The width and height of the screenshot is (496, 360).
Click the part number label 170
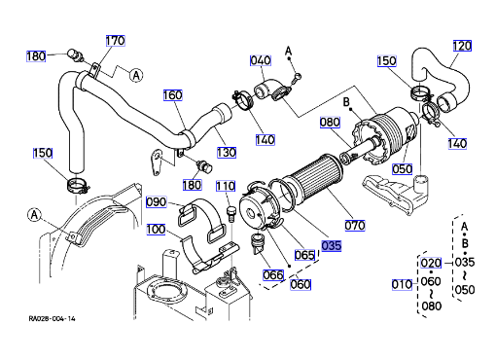click(116, 41)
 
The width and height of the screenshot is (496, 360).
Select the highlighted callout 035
click(332, 245)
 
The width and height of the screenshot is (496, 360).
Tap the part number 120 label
click(462, 46)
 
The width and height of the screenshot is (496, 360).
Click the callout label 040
click(261, 60)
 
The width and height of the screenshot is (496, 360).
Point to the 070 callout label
click(355, 226)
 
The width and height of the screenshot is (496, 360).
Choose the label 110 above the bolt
click(226, 186)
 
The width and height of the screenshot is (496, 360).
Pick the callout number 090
click(156, 201)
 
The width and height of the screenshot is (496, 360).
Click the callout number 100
click(156, 230)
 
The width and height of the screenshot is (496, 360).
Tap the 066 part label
click(273, 275)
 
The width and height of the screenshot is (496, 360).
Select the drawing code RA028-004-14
click(52, 318)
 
